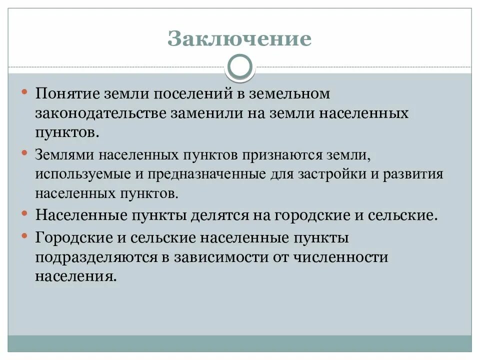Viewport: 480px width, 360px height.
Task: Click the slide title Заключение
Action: point(239,38)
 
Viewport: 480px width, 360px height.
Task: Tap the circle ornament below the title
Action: point(240,67)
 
